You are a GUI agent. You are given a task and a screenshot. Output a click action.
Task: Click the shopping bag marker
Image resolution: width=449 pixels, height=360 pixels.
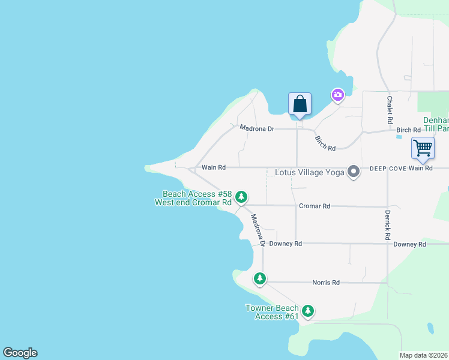[x=300, y=104]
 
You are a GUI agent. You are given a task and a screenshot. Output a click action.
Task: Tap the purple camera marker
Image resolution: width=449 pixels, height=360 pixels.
[x=338, y=95]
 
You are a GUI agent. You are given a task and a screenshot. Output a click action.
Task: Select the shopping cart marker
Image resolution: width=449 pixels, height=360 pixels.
[x=423, y=148]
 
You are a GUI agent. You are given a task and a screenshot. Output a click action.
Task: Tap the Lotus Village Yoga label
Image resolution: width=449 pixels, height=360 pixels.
[x=309, y=173]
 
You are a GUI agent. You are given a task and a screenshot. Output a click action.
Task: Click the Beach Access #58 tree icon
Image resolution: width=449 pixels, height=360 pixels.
[x=241, y=196]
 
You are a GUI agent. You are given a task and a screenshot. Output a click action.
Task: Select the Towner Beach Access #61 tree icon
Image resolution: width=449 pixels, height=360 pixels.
[x=308, y=311]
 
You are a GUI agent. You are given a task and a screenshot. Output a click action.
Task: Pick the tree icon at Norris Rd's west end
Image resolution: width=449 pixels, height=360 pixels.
[x=260, y=278]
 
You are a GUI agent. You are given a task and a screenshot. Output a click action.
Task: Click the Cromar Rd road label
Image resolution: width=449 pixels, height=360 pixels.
[x=315, y=206]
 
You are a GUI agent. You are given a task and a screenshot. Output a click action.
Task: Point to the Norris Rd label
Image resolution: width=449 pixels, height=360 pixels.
[x=326, y=283]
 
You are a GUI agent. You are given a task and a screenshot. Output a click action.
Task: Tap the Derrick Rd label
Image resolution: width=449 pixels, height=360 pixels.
[x=388, y=221]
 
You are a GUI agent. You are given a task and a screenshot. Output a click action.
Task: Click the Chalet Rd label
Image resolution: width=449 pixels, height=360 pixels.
[x=390, y=106]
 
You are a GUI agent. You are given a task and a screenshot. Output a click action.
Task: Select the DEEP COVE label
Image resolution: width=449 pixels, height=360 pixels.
[x=388, y=169]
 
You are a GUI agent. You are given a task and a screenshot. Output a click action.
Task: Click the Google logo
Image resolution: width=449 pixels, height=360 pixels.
[x=20, y=353]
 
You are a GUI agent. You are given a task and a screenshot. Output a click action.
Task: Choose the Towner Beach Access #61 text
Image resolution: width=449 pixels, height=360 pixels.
[x=272, y=312]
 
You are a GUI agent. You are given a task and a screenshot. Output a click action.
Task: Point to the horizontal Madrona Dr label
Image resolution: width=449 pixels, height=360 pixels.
[x=256, y=128]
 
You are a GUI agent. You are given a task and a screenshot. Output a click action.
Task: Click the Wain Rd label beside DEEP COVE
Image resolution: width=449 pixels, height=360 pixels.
[x=421, y=169]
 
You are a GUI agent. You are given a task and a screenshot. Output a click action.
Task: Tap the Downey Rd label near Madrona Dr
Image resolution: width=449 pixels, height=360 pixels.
[x=285, y=244]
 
